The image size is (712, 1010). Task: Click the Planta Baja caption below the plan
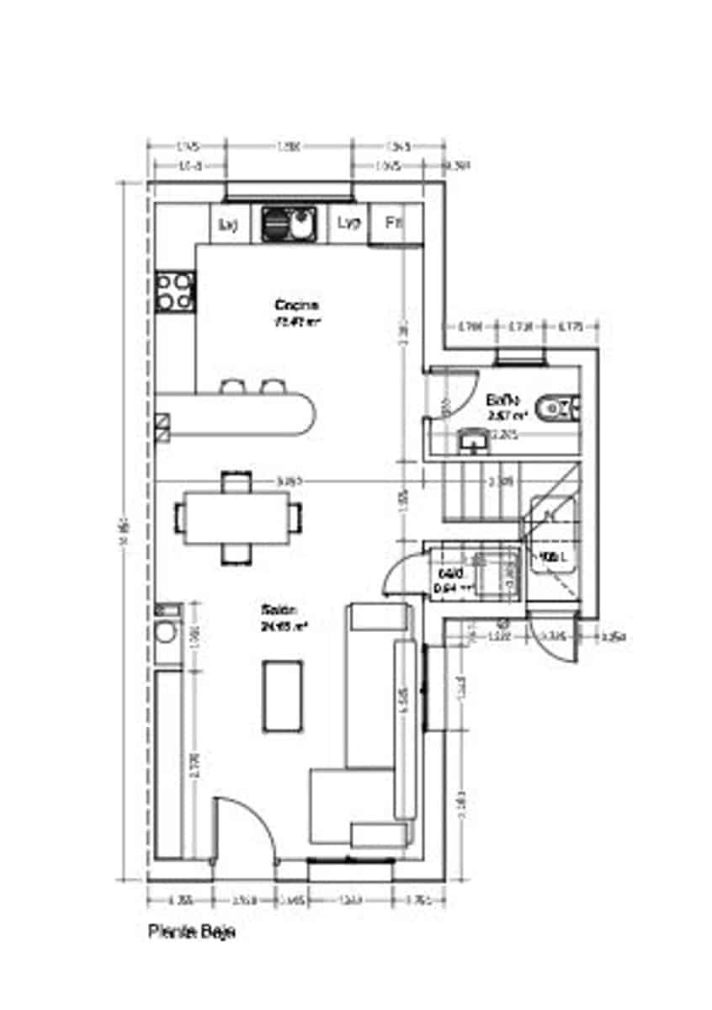click(192, 932)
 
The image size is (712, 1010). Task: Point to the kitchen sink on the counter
click(289, 224)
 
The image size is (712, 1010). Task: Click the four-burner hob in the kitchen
click(175, 291)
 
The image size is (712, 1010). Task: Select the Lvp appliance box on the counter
click(348, 223)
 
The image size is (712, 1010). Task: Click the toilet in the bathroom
click(559, 408)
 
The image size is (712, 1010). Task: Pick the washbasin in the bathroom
click(473, 439)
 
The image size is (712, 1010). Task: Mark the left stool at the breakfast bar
click(231, 386)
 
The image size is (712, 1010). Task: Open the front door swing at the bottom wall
click(244, 829)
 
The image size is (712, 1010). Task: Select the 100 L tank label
click(551, 556)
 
